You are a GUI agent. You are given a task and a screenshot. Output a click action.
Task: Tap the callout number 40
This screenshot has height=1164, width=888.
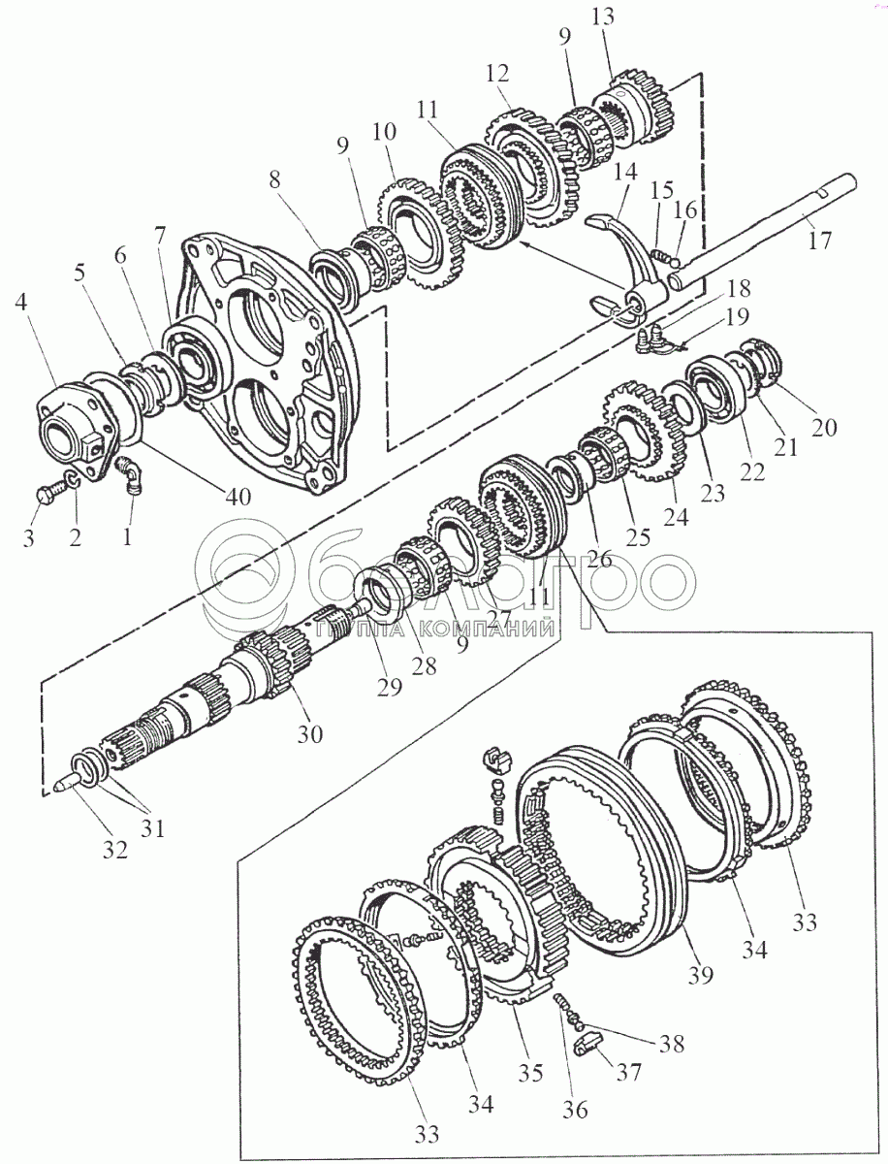236,497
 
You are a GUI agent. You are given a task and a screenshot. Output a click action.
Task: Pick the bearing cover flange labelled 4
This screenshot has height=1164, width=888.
73,427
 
